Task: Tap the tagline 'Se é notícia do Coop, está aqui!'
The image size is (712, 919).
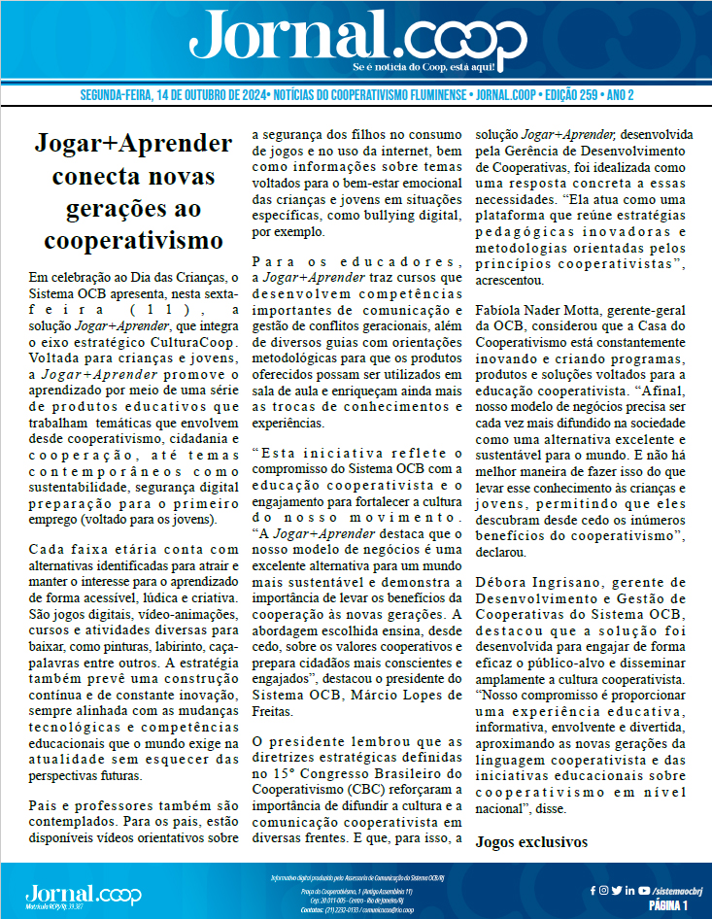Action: (x=424, y=67)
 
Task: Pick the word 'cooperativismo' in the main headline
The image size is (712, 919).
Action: (x=127, y=238)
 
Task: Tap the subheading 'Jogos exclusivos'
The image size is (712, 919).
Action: (x=531, y=841)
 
